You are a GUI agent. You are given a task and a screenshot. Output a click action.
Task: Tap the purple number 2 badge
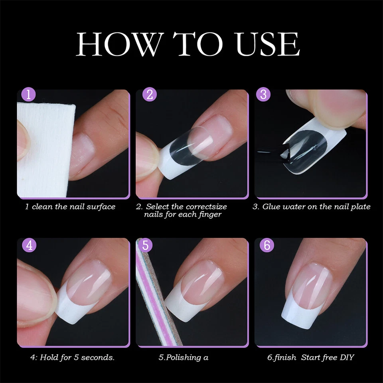(x=150, y=95)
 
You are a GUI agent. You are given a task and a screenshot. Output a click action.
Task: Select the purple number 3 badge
(x=263, y=95)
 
